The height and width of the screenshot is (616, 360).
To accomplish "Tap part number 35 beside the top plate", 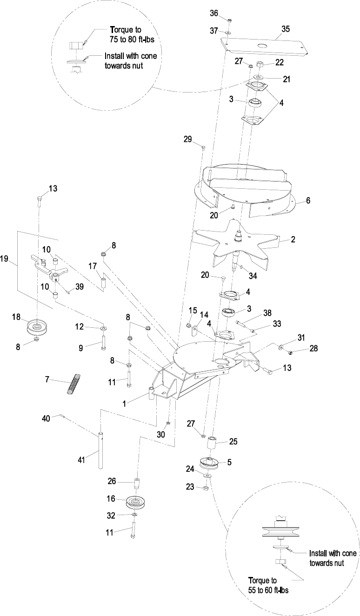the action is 286,29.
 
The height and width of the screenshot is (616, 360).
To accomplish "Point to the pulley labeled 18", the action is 37,327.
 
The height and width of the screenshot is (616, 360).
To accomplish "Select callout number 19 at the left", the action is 4,258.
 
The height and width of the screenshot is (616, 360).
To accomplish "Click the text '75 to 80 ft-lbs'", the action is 132,40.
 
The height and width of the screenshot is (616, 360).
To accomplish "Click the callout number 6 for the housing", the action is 308,200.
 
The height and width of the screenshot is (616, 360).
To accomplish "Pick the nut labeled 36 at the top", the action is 230,20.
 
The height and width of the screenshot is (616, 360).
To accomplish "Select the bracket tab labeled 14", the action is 195,331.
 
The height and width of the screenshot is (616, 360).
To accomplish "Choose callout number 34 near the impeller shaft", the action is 253,276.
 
